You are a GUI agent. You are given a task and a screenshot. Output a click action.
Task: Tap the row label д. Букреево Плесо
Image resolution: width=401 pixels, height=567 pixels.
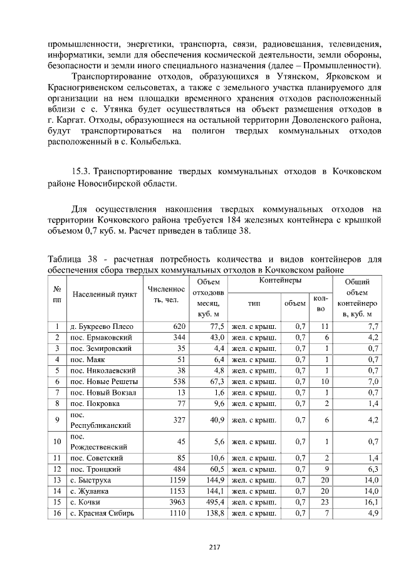click(x=102, y=326)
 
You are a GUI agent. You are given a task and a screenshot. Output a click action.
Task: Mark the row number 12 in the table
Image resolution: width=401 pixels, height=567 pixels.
click(x=57, y=468)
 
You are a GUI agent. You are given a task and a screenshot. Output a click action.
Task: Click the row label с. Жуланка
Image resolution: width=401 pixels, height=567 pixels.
click(x=90, y=491)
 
